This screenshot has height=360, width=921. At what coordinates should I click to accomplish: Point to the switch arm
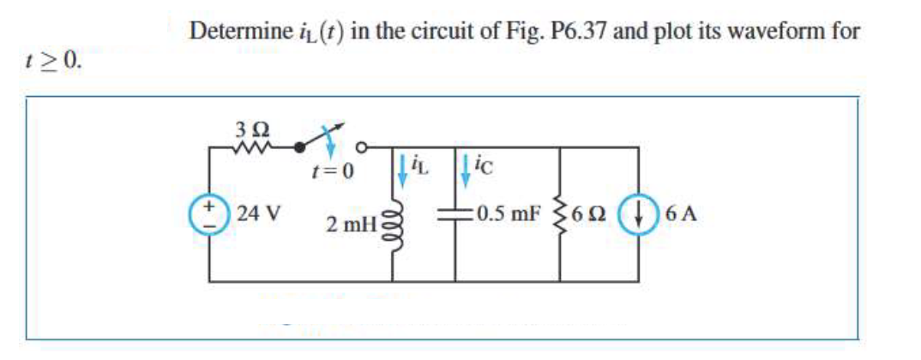[317, 138]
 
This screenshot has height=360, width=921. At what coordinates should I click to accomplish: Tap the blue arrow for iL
[401, 167]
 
